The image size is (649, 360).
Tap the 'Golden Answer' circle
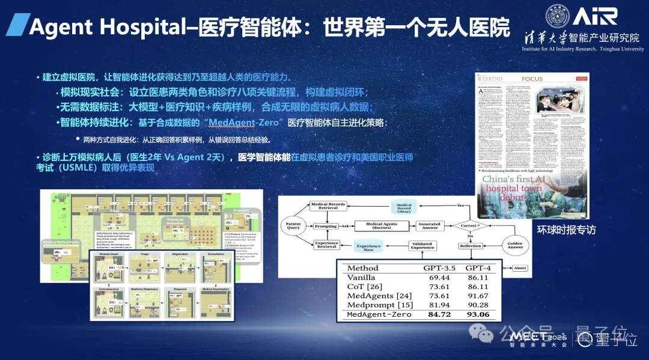(x=516, y=243)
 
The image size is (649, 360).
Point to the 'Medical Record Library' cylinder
(x=404, y=207)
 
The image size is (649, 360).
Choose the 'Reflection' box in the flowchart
(x=471, y=246)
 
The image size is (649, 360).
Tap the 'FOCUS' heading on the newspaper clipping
(x=532, y=79)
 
